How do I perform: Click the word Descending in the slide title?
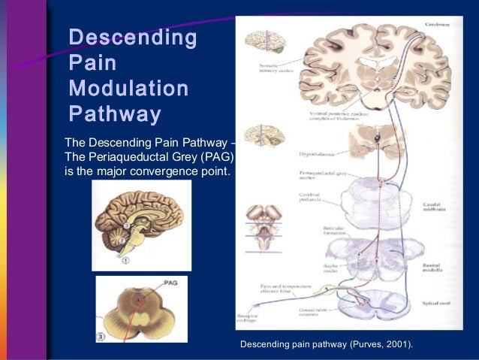click(x=132, y=37)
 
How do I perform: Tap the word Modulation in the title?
click(x=128, y=89)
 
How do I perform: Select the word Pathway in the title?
click(x=114, y=114)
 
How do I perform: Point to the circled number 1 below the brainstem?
click(x=126, y=261)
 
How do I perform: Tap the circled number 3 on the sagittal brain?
click(x=128, y=225)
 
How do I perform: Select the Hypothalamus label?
click(x=306, y=153)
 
